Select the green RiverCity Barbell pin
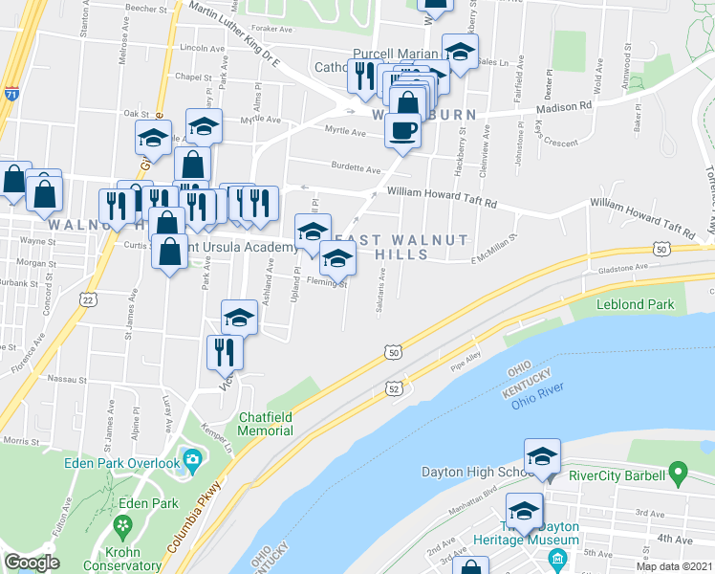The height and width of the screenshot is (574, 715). point(679,471)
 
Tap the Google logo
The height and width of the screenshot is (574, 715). point(32,563)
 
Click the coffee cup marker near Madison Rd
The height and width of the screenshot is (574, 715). point(402,131)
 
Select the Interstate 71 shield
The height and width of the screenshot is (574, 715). point(11,94)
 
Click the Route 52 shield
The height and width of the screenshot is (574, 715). point(393,387)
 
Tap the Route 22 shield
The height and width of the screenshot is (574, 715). point(87,300)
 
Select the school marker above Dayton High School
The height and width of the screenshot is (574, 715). point(542,457)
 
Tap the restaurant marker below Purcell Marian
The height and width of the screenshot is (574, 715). point(363,77)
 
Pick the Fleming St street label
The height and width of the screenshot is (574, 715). point(325,283)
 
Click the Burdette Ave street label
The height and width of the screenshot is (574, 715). point(356,168)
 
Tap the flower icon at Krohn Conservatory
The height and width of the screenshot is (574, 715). point(121,526)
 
